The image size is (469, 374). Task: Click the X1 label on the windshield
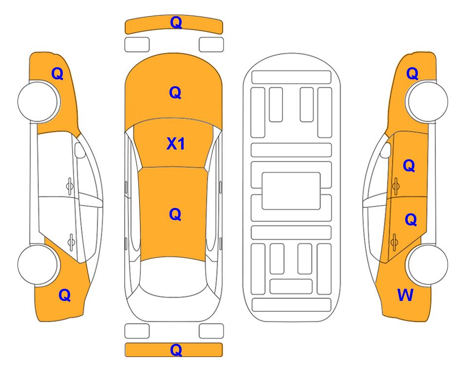(x=176, y=144)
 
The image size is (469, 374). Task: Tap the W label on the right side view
(x=405, y=295)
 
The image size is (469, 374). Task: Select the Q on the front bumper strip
(x=176, y=22)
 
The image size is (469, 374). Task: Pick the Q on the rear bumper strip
(x=176, y=350)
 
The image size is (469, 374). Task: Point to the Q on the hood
(x=175, y=93)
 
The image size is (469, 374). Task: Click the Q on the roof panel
(x=175, y=214)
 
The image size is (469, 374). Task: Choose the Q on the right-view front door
(x=409, y=166)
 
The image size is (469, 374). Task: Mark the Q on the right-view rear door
(x=411, y=220)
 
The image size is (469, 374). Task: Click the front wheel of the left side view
(x=38, y=102)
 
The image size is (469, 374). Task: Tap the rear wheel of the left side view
(x=38, y=264)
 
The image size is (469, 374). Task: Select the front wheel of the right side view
(x=427, y=102)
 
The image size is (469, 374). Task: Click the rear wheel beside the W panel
(x=427, y=264)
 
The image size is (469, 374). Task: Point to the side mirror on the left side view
(x=79, y=150)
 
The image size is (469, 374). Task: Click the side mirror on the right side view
(x=386, y=150)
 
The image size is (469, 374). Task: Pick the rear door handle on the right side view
(x=394, y=242)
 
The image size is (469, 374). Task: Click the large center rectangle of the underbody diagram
(x=291, y=191)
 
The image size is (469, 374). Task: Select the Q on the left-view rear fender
(x=65, y=295)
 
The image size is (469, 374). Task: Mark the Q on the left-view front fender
(x=57, y=74)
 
